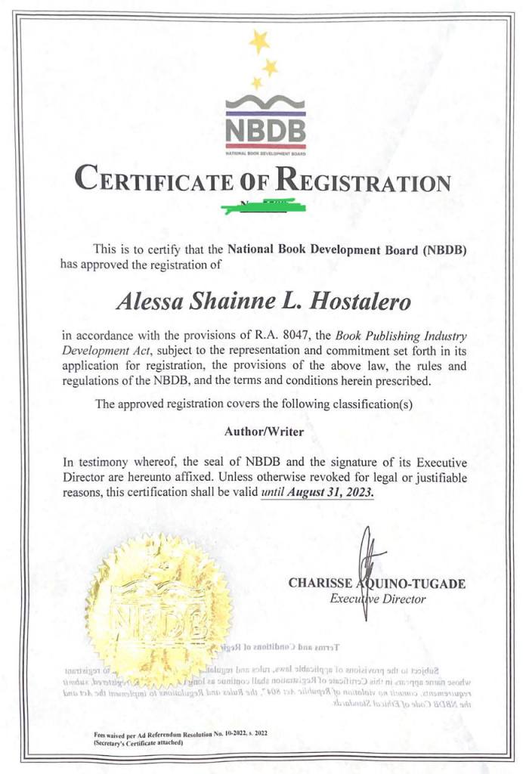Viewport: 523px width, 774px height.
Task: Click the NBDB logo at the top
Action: pyautogui.click(x=265, y=124)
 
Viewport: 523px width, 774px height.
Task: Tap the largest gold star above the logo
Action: pyautogui.click(x=259, y=42)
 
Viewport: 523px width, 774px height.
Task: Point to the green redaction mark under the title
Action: pyautogui.click(x=261, y=205)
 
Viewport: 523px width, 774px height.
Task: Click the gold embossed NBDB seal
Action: pyautogui.click(x=158, y=605)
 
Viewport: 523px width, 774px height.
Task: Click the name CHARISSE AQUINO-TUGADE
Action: pyautogui.click(x=376, y=584)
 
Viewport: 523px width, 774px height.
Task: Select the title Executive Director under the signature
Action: pyautogui.click(x=378, y=599)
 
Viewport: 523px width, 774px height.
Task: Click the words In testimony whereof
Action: pyautogui.click(x=117, y=463)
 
